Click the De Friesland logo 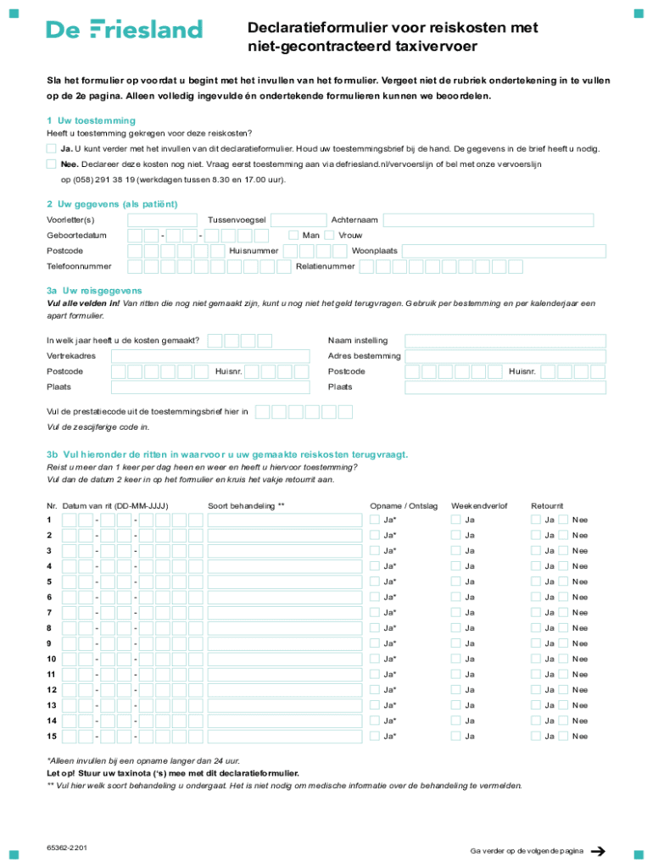tap(124, 30)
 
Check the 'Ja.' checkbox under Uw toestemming tap(52, 148)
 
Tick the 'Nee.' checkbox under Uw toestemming tap(52, 164)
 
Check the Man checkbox tap(293, 235)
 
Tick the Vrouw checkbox tap(330, 235)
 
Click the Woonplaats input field tap(505, 251)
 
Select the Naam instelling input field tap(505, 341)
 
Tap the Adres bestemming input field tap(505, 356)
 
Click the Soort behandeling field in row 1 tap(285, 520)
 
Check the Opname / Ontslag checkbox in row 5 tap(375, 581)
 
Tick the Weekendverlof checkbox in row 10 tap(455, 659)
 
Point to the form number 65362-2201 tap(68, 848)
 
